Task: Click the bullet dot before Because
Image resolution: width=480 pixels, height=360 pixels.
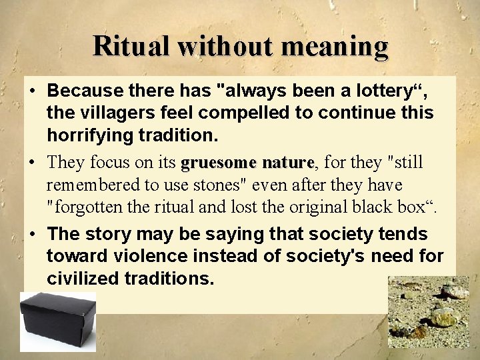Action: click(x=31, y=90)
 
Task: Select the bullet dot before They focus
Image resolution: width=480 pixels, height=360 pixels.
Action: click(x=31, y=163)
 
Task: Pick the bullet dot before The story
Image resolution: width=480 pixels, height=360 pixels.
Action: click(x=31, y=235)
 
